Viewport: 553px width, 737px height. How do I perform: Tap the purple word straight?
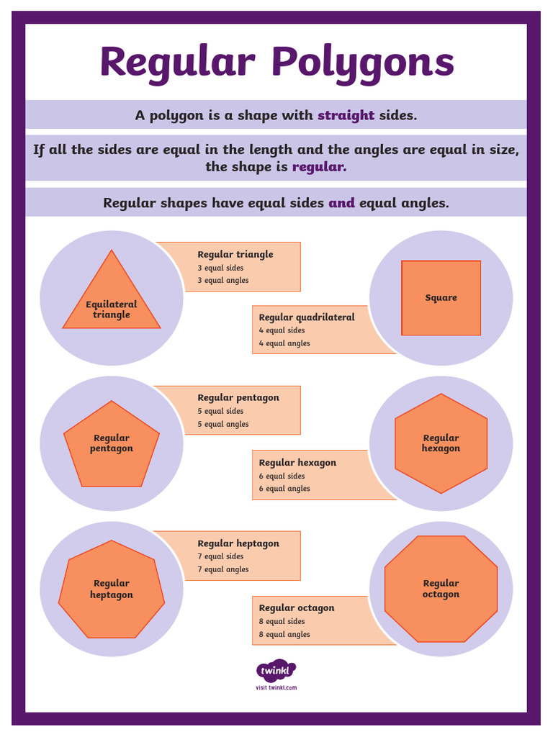pyautogui.click(x=346, y=115)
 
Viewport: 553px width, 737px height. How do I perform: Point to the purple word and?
pyautogui.click(x=341, y=203)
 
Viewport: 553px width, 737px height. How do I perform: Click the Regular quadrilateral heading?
pyautogui.click(x=307, y=317)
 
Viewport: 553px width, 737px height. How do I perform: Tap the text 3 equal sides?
pyautogui.click(x=220, y=268)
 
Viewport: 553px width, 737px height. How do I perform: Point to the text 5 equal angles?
pyautogui.click(x=223, y=425)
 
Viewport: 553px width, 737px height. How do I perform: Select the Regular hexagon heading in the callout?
pyautogui.click(x=297, y=463)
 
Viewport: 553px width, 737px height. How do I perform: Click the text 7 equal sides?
pyautogui.click(x=220, y=556)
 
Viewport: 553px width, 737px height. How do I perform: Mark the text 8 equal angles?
pyautogui.click(x=284, y=634)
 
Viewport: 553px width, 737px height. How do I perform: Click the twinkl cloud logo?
pyautogui.click(x=276, y=672)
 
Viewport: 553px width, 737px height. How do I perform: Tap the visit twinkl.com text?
pyautogui.click(x=276, y=688)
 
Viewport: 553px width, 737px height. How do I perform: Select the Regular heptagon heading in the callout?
pyautogui.click(x=238, y=543)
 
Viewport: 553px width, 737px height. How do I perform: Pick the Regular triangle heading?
pyautogui.click(x=235, y=254)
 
